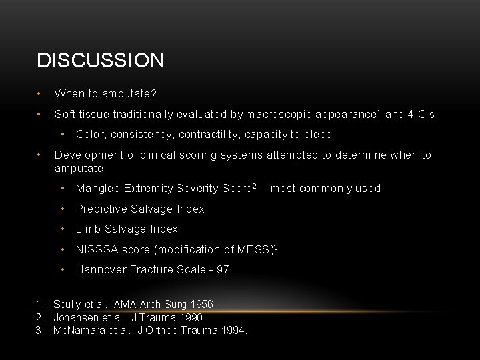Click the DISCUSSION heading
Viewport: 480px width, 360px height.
100,61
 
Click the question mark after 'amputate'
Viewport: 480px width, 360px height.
153,94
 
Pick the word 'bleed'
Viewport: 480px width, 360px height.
317,135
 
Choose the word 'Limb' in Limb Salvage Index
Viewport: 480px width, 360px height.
87,229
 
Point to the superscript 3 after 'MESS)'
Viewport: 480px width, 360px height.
275,247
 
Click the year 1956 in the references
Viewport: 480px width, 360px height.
203,305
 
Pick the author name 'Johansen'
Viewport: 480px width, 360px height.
75,317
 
